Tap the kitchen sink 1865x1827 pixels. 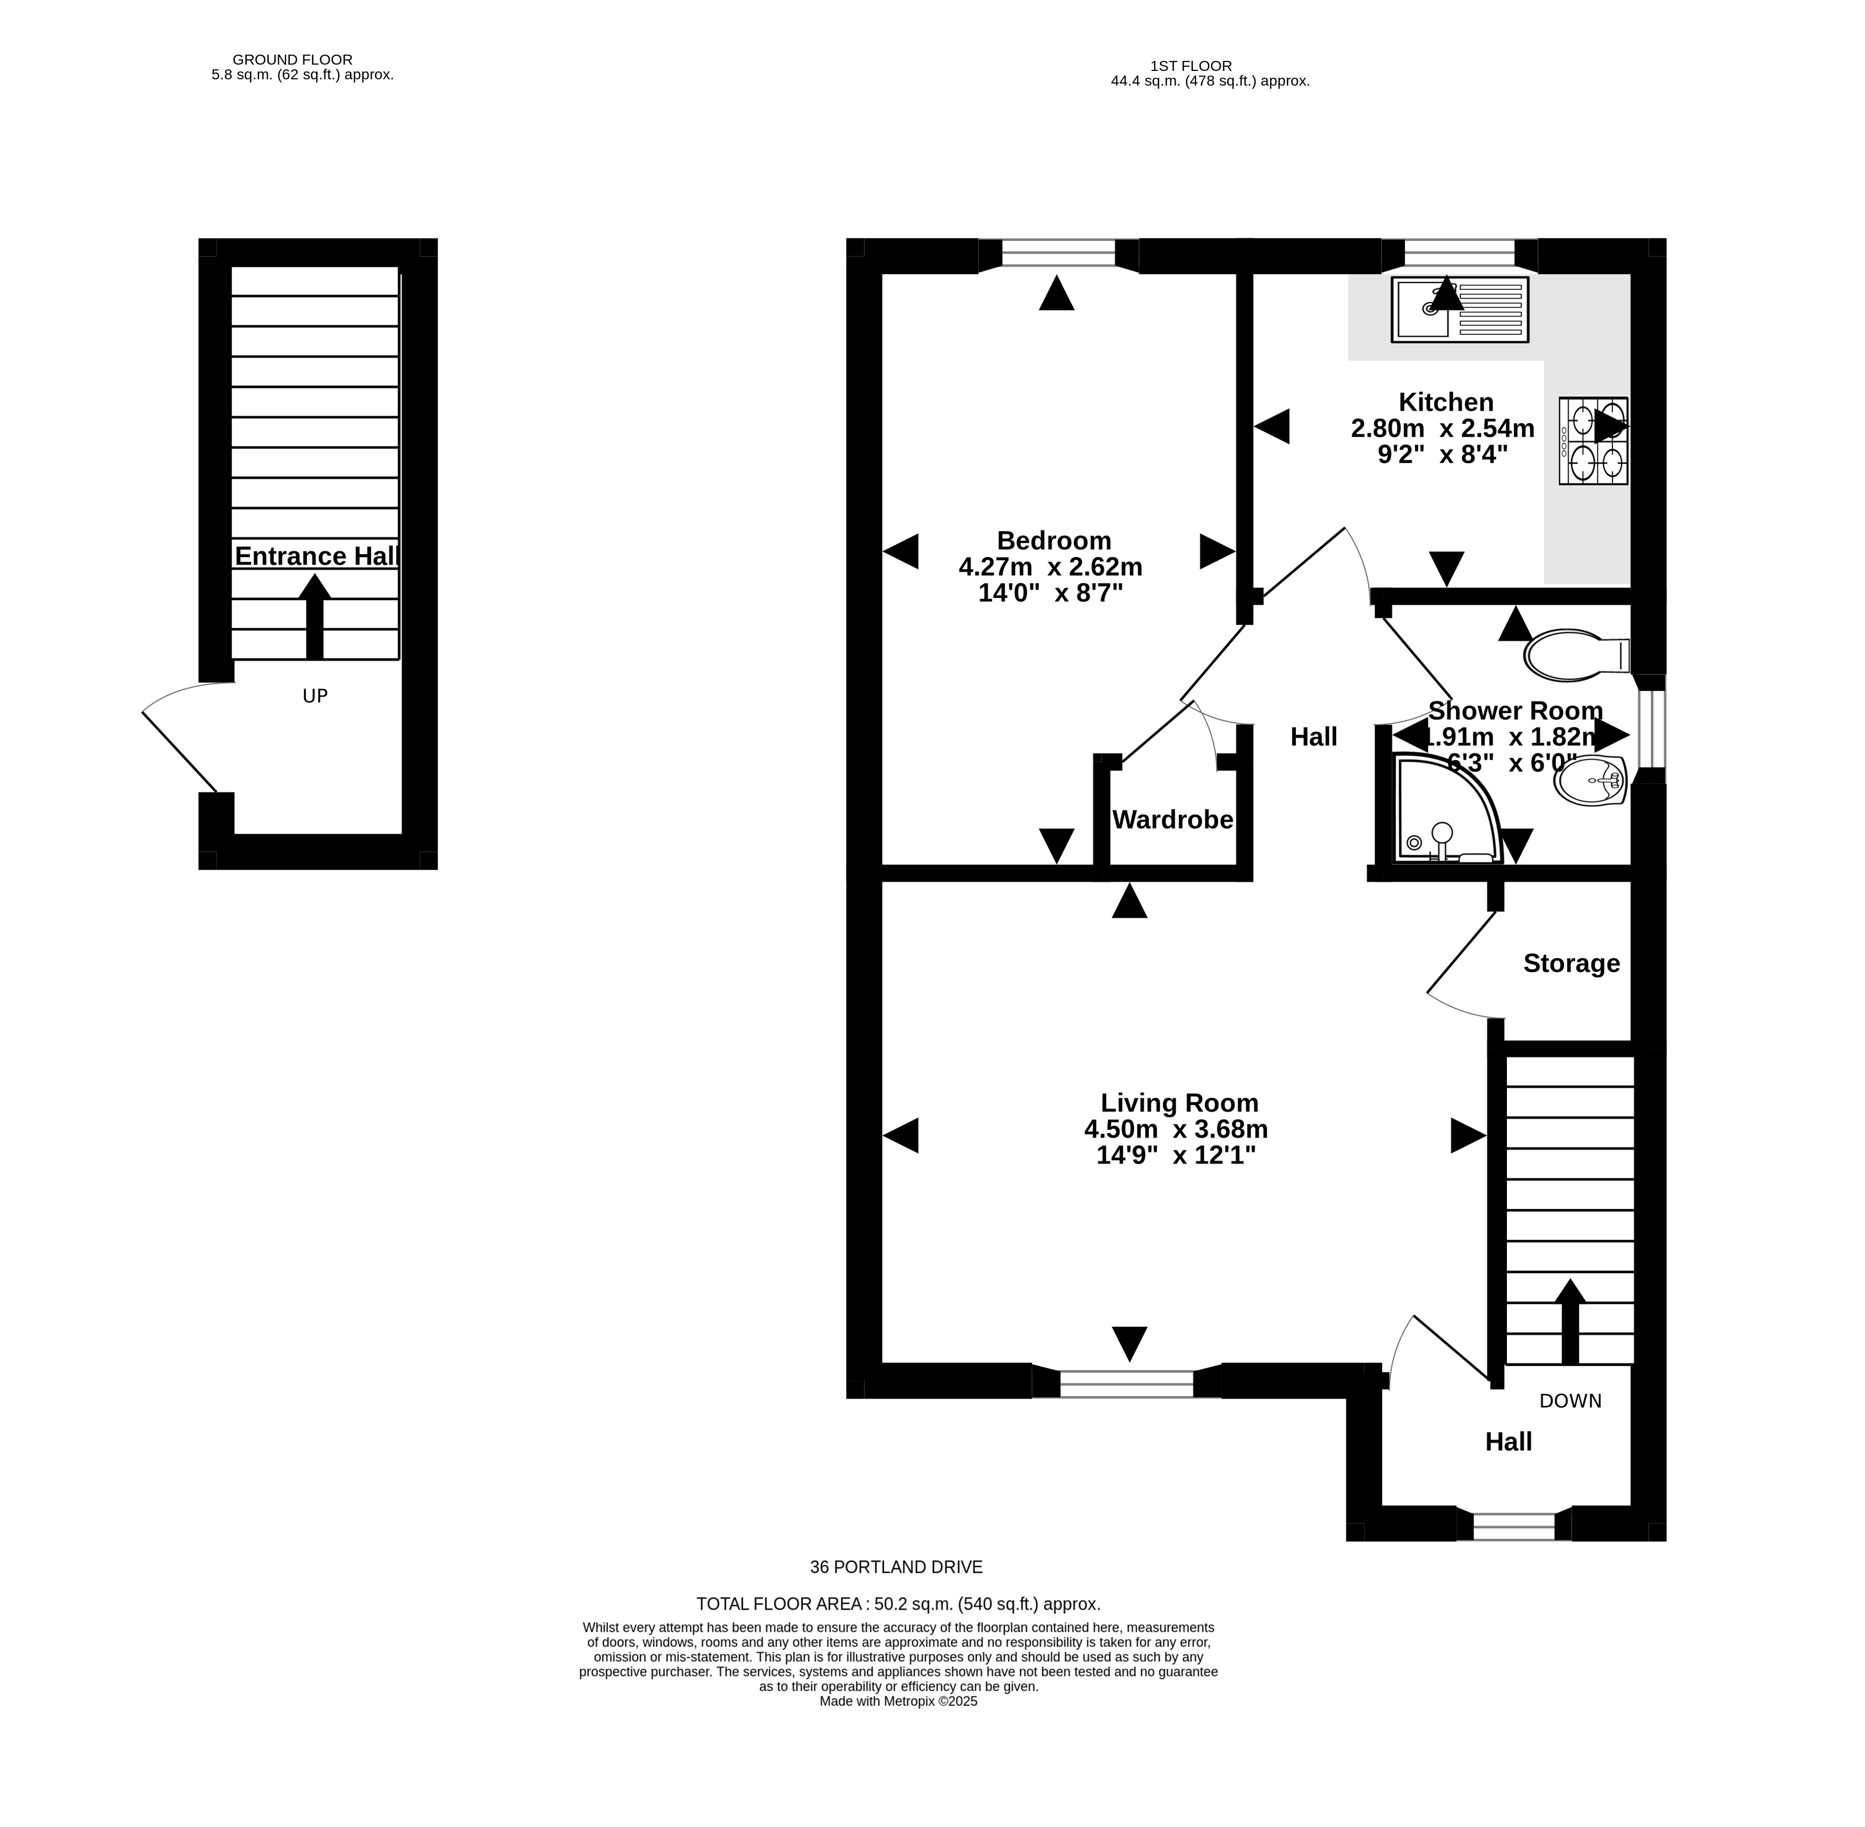coord(1459,309)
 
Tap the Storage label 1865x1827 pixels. coord(1571,963)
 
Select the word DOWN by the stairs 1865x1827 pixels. coord(1570,1401)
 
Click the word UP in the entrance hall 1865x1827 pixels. coord(315,696)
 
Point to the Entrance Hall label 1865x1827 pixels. coord(317,556)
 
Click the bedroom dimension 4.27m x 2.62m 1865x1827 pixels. coord(1050,567)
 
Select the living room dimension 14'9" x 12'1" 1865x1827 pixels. coord(1176,1156)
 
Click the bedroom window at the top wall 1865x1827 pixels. coord(1058,254)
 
